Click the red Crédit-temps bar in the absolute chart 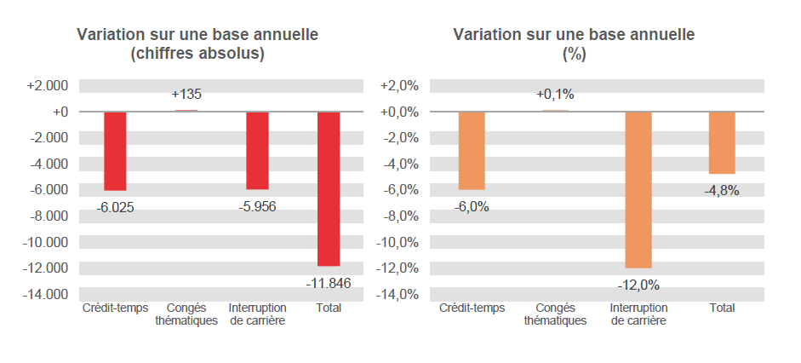coord(115,151)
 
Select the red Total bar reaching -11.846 coord(329,188)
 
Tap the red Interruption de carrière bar coord(257,150)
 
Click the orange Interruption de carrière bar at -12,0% coord(638,189)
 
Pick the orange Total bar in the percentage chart coord(722,142)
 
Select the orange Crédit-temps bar coord(472,150)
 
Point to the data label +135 coord(186,95)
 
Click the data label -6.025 coord(115,207)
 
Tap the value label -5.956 coord(257,206)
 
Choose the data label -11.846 coord(329,283)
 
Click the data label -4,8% coord(722,191)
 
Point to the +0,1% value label coord(555,95)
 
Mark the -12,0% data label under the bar coord(638,285)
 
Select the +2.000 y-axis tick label coord(48,86)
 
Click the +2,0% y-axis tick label coord(398,86)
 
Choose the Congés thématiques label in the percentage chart coord(555,314)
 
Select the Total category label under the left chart coord(329,308)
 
